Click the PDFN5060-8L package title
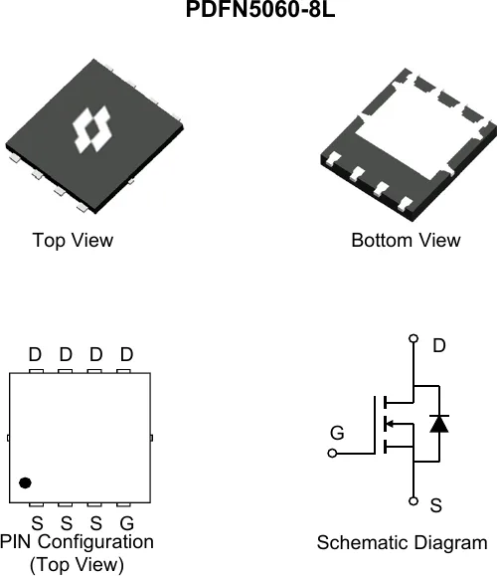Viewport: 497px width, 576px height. [x=260, y=9]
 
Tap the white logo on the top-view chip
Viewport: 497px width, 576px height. [x=91, y=129]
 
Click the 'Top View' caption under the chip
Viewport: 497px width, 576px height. [x=73, y=241]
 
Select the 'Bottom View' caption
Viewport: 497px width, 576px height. [x=406, y=240]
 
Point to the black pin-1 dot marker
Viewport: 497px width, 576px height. [x=25, y=482]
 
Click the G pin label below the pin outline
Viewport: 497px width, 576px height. [x=126, y=523]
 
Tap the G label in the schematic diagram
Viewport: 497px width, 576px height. [x=337, y=433]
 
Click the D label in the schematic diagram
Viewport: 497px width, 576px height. [x=439, y=345]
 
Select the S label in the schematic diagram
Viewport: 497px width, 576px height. [x=435, y=505]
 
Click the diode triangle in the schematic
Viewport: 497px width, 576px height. [x=439, y=424]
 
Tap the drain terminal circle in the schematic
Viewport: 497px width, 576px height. [x=414, y=338]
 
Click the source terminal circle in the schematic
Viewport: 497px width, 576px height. [x=414, y=501]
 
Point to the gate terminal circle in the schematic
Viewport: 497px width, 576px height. [x=332, y=454]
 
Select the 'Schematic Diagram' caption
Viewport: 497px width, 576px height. [x=402, y=543]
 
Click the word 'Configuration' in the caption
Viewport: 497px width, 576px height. [x=95, y=542]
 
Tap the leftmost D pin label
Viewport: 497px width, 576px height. [x=35, y=354]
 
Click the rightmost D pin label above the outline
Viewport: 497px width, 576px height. [x=126, y=354]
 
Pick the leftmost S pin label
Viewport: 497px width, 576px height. [x=37, y=523]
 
